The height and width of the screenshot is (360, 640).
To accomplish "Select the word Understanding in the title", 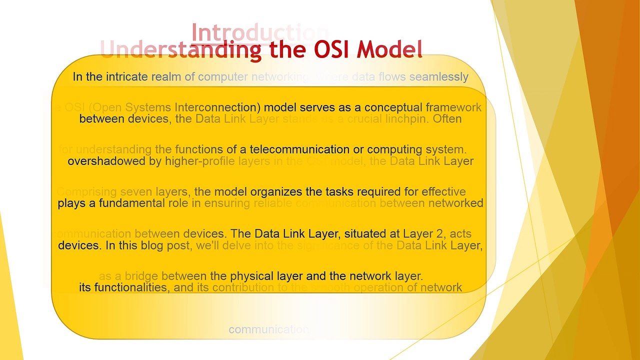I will click(x=181, y=49).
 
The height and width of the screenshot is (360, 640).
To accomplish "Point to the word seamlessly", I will click(x=438, y=77).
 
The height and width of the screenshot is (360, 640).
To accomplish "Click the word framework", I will click(x=453, y=107).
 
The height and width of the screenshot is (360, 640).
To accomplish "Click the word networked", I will click(x=458, y=203).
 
